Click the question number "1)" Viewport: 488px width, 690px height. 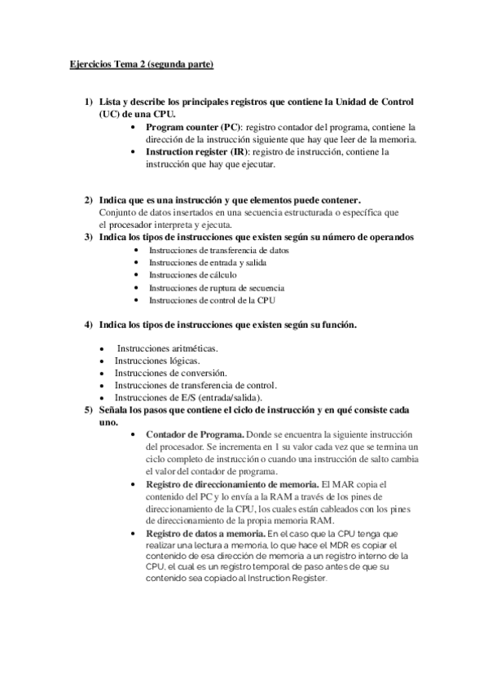(87, 102)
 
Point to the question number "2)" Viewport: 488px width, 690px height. (87, 200)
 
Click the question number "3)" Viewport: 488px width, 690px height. (87, 237)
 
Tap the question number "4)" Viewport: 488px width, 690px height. (87, 325)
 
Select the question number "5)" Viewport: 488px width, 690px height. (87, 409)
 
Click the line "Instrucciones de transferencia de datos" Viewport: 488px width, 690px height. (219, 250)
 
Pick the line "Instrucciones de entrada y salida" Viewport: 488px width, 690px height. (208, 263)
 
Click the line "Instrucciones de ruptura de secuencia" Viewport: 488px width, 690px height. (216, 288)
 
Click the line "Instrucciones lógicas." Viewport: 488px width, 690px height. (156, 360)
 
